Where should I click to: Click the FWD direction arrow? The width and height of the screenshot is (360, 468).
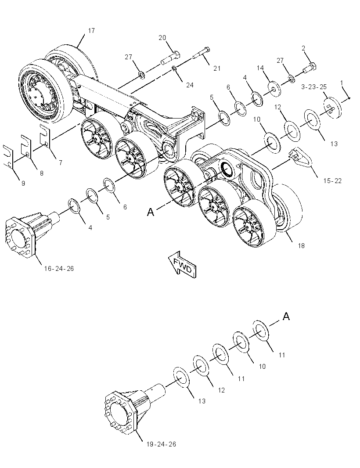(182, 264)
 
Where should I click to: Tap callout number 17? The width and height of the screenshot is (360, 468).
(91, 30)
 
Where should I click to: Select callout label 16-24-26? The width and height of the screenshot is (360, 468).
(59, 268)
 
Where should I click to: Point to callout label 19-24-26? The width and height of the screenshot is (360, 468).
(161, 444)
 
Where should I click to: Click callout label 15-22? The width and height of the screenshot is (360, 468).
(332, 180)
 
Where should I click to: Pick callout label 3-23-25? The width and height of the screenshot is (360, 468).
(314, 87)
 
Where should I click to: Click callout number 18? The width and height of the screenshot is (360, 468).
(301, 245)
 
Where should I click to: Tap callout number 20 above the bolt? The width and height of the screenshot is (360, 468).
(162, 38)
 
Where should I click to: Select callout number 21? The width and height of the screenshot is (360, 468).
(217, 68)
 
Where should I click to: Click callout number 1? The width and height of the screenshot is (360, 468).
(342, 83)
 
